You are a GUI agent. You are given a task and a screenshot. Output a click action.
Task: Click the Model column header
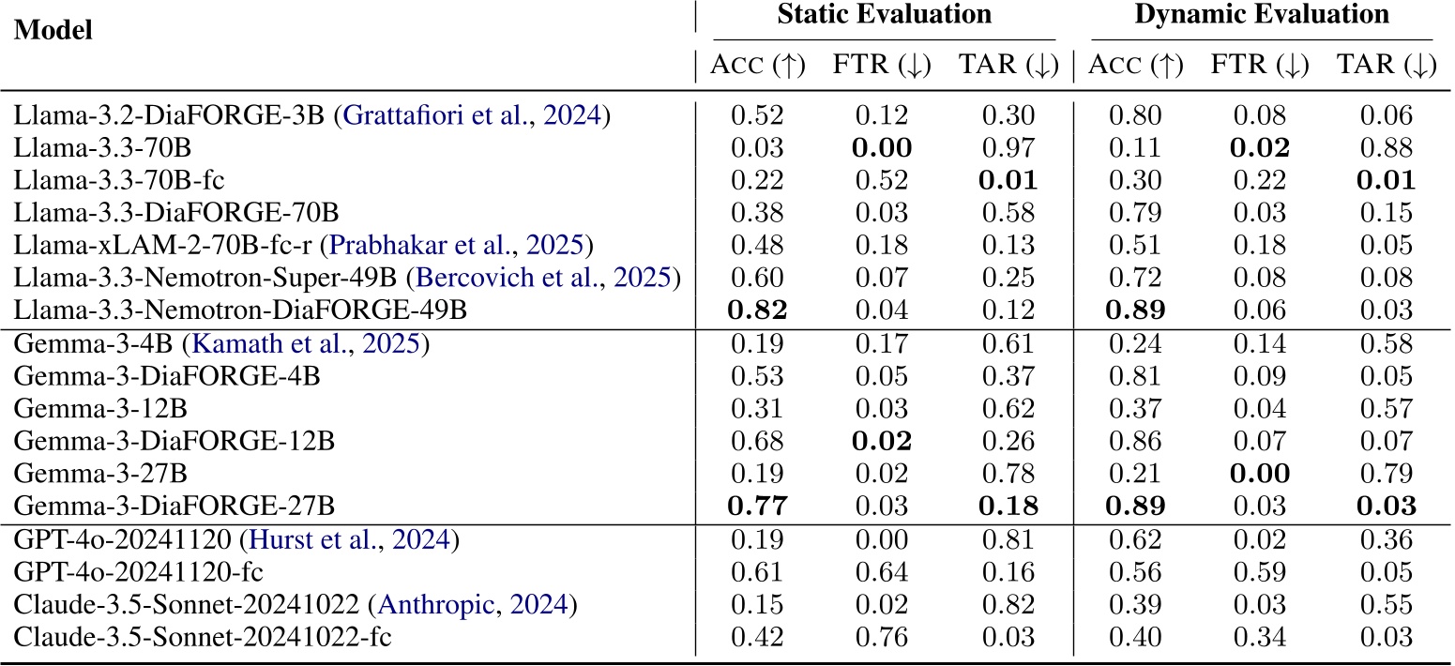click(53, 30)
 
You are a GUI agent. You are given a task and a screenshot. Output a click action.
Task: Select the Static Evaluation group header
click(884, 15)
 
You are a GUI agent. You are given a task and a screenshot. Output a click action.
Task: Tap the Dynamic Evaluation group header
click(1262, 15)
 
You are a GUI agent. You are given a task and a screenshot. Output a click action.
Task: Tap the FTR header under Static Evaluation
click(882, 66)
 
